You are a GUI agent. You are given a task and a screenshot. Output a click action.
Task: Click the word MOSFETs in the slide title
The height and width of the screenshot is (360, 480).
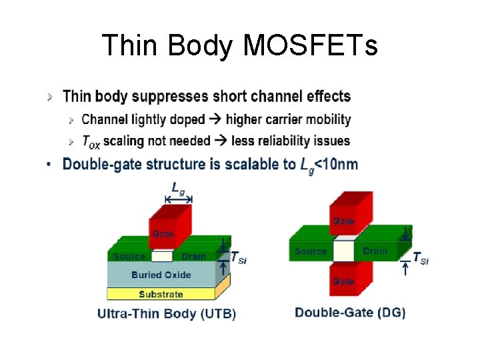311,46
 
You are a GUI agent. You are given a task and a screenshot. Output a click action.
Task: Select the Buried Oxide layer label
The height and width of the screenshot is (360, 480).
161,275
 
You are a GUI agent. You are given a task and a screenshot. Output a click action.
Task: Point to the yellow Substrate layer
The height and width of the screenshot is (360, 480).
161,294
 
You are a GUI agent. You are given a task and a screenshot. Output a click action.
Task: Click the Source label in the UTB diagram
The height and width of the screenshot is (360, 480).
129,257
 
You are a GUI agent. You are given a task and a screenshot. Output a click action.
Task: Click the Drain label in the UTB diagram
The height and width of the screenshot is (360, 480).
193,257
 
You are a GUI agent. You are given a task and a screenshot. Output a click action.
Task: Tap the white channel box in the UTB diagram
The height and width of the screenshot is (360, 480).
162,256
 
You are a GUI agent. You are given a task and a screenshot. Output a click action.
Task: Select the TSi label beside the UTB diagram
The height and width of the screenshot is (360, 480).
239,257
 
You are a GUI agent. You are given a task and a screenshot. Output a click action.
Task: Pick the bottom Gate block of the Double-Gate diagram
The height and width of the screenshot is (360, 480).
344,280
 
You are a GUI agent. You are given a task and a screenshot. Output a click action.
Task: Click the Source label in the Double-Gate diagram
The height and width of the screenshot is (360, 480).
311,251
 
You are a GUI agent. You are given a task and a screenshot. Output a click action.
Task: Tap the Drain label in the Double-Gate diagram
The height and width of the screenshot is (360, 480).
375,251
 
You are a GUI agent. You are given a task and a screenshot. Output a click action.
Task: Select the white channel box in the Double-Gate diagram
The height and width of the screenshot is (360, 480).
343,251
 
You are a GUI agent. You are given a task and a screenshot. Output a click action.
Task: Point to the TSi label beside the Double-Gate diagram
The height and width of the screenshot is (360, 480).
421,258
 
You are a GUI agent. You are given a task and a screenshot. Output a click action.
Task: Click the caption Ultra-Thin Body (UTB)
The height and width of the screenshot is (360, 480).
167,313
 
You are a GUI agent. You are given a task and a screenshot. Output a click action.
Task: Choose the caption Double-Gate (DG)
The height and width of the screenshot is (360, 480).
350,313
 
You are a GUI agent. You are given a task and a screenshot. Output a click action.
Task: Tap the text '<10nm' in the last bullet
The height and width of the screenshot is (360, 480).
337,164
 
